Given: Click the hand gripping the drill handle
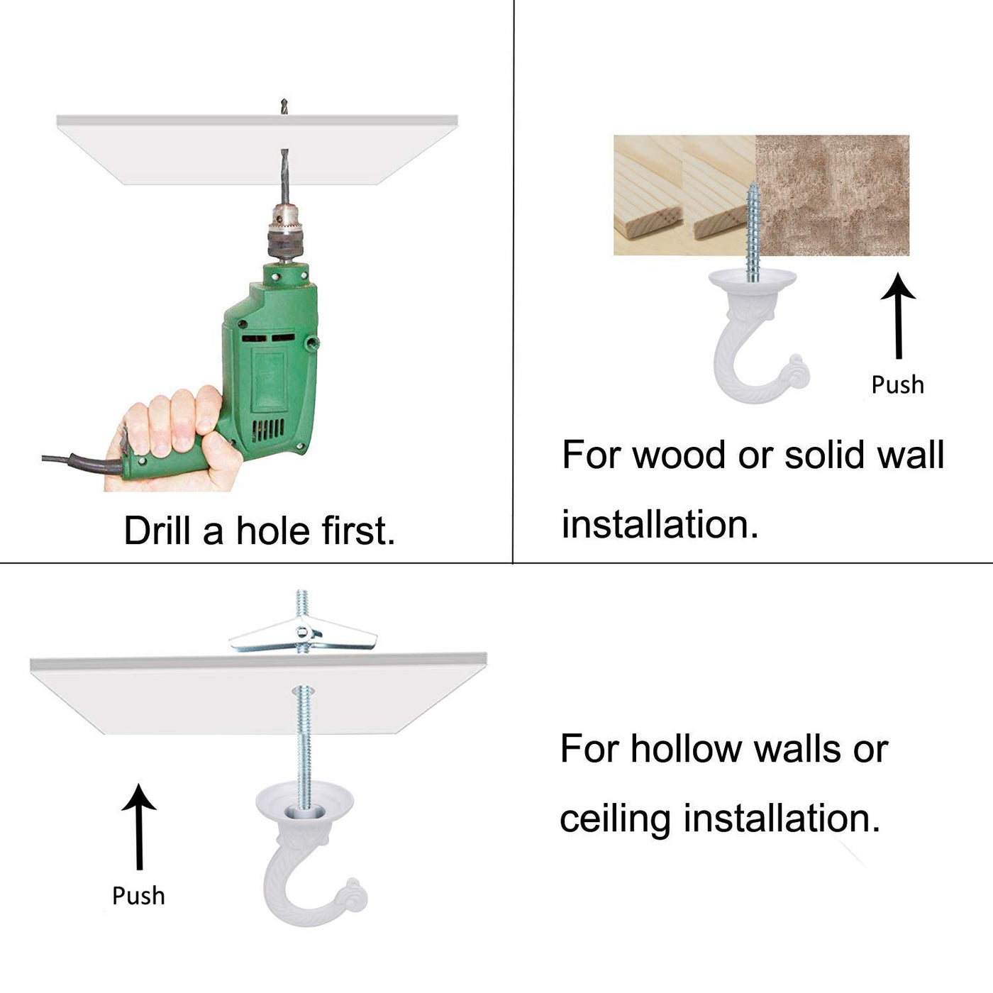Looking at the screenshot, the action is (x=174, y=439).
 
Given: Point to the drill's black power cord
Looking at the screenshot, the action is (x=82, y=462).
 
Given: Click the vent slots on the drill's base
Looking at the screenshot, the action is (x=267, y=429).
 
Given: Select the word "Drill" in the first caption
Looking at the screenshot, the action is (x=157, y=531).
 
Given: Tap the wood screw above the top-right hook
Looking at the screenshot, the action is (x=753, y=232).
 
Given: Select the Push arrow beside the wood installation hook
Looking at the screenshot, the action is (x=898, y=315).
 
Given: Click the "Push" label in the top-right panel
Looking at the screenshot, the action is (x=898, y=384).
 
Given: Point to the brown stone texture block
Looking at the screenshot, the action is (x=832, y=195).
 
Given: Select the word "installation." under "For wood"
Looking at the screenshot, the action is (x=660, y=525).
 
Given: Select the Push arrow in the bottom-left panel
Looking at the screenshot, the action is (x=139, y=827).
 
